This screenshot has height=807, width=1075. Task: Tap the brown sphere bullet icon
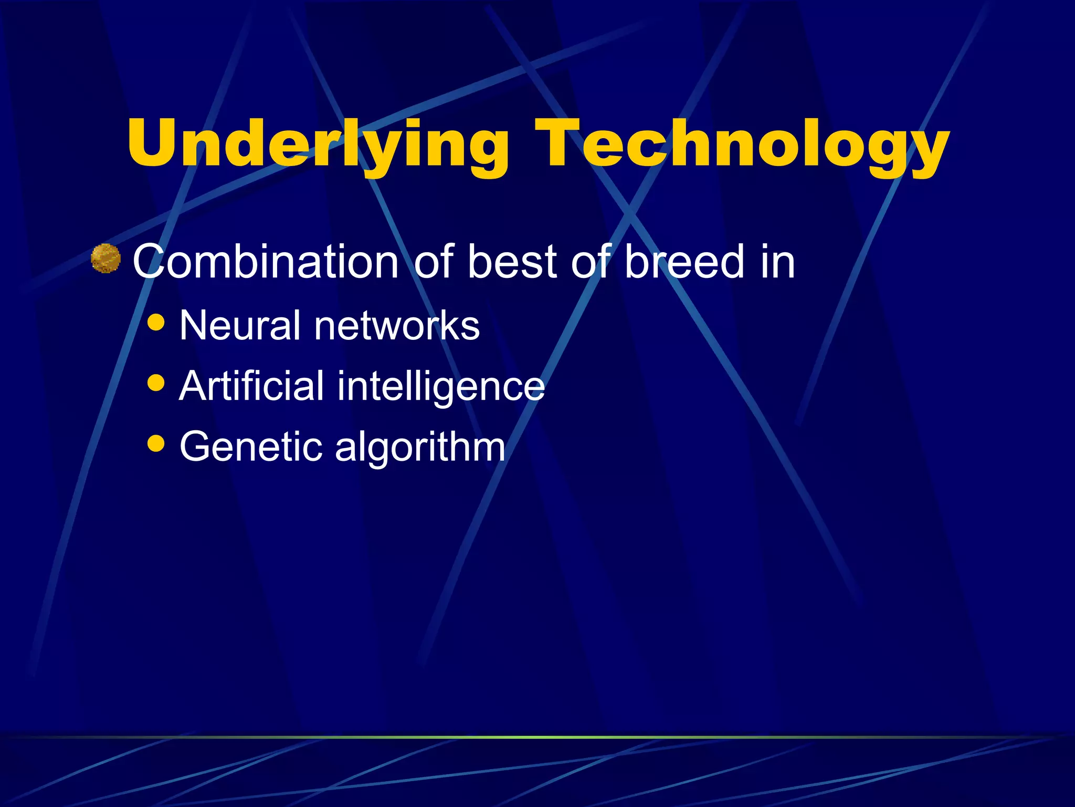click(106, 258)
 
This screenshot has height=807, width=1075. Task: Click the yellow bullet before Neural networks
click(156, 322)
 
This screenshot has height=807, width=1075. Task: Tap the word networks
click(397, 326)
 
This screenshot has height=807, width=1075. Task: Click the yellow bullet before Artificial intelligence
click(156, 382)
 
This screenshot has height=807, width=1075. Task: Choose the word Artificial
click(251, 386)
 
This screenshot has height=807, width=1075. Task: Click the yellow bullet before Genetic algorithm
click(156, 443)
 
